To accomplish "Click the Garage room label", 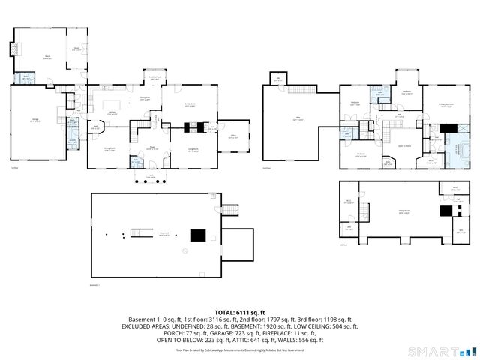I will (x=34, y=120).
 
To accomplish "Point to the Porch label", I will (x=151, y=177).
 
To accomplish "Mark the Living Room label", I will (x=193, y=150).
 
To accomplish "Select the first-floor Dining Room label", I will (x=109, y=149).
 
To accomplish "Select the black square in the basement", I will (x=196, y=235).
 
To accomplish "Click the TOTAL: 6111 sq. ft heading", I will (x=240, y=312).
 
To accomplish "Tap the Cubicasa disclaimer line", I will (x=240, y=349).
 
